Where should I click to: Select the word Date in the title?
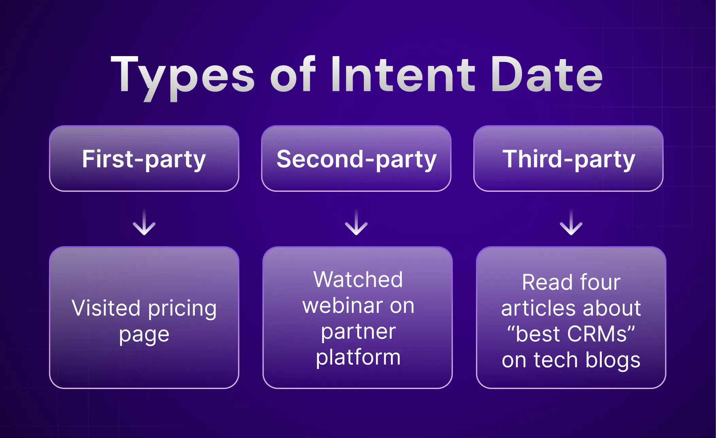(546, 75)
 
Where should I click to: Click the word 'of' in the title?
(293, 75)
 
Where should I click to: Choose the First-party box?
(144, 158)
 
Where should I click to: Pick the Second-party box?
(356, 158)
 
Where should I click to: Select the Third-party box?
(568, 158)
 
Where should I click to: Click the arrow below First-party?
(144, 223)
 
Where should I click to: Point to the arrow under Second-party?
(356, 223)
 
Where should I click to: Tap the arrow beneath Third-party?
(571, 223)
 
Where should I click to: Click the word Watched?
(358, 280)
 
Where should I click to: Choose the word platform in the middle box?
(358, 358)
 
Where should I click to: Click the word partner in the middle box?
(358, 332)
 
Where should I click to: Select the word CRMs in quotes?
(597, 334)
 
